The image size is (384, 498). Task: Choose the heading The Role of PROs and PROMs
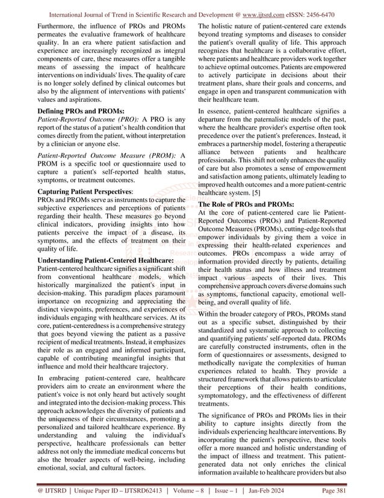point(246,204)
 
